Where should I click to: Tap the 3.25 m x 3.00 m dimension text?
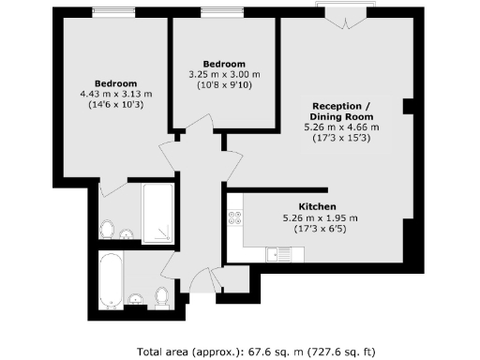click(223, 74)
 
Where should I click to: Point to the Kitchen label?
click(318, 206)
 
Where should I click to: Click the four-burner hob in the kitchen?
click(234, 217)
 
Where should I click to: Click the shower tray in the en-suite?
click(157, 215)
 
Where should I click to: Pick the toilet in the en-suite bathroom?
click(108, 229)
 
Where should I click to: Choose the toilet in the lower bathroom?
click(160, 296)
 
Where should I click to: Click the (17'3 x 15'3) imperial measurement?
click(342, 139)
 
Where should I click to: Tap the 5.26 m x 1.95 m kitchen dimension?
click(318, 217)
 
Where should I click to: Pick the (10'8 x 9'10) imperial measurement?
click(223, 84)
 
